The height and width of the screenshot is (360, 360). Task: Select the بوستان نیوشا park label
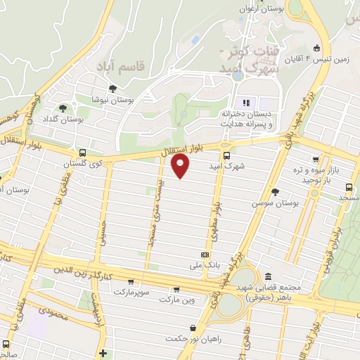[113, 101]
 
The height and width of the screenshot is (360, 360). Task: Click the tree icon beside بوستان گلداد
[63, 108]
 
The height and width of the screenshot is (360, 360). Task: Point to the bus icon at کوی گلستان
[83, 153]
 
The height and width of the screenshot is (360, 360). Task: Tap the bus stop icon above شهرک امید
[226, 155]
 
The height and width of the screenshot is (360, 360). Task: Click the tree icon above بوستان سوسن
[275, 191]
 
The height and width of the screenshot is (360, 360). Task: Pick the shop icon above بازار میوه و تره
[316, 160]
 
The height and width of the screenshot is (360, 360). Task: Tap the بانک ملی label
[205, 265]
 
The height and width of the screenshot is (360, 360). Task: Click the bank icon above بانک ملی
[205, 254]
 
